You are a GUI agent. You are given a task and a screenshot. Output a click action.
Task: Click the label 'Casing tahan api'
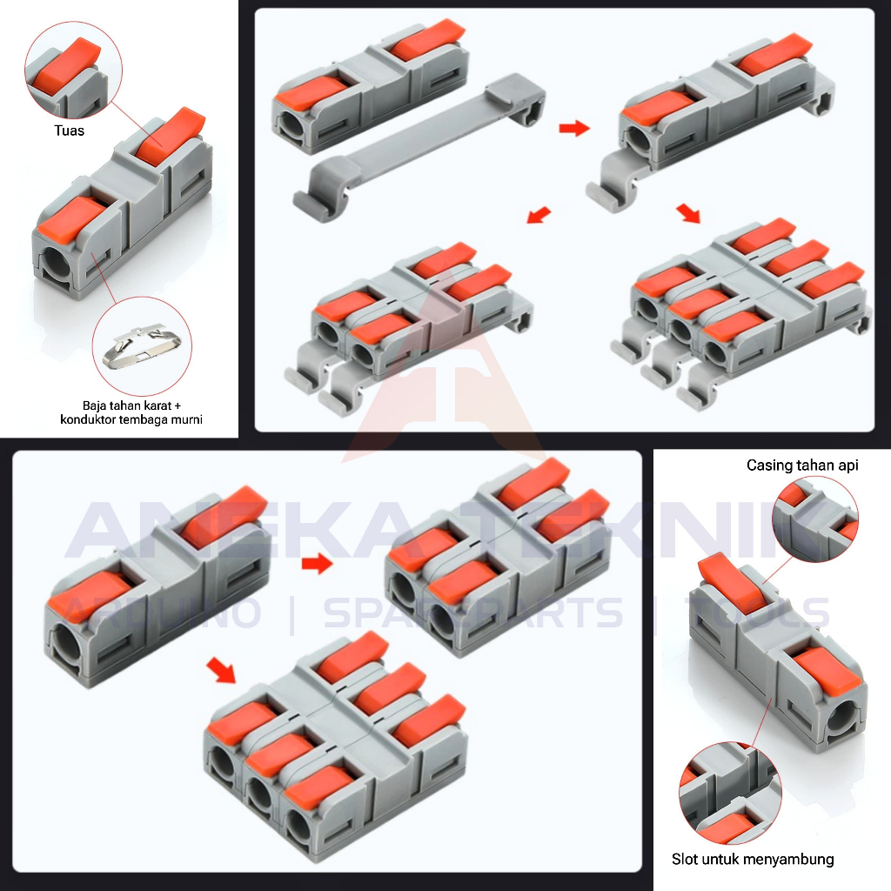(x=802, y=466)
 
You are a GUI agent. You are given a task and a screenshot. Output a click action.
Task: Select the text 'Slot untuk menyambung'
(x=753, y=860)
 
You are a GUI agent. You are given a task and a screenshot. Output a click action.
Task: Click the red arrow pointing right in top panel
(x=573, y=129)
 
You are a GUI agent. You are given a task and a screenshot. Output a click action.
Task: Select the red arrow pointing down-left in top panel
(x=539, y=214)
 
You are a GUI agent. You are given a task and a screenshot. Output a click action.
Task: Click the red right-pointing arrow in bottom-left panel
(x=318, y=565)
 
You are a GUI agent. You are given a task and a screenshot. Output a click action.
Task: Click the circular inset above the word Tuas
(x=73, y=70)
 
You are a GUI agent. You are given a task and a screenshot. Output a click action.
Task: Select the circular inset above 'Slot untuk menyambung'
(x=730, y=792)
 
